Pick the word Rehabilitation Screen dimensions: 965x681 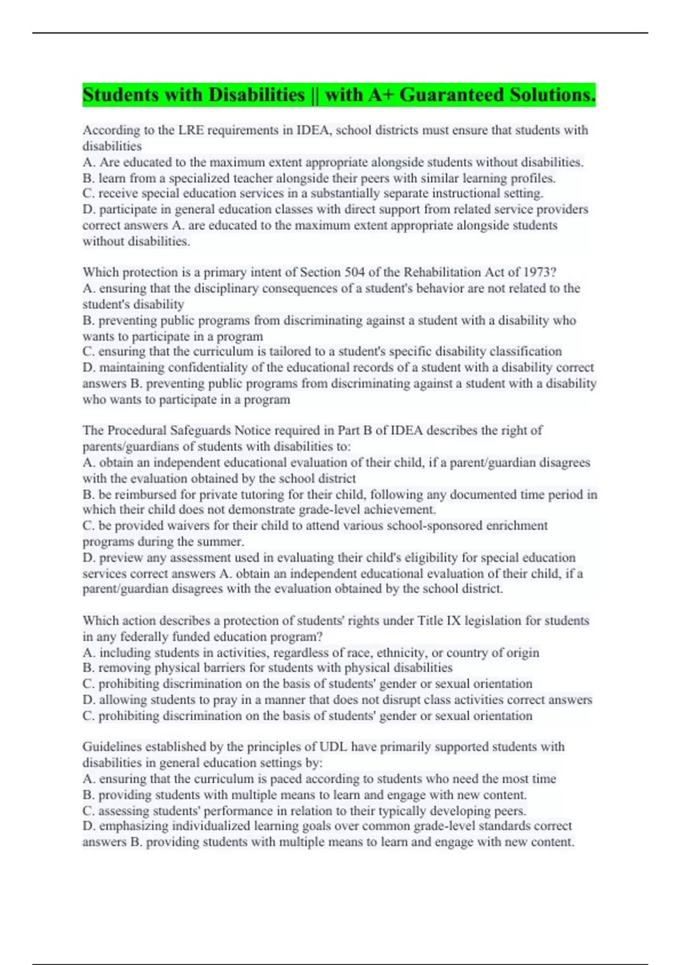point(448,272)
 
